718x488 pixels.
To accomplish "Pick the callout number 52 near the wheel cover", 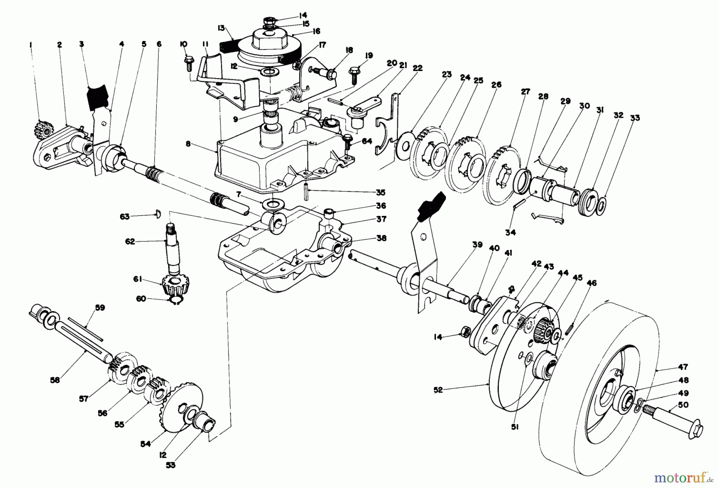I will click(438, 390).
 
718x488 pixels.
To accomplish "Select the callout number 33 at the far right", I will click(635, 118).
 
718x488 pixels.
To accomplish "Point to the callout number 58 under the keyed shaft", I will click(55, 380).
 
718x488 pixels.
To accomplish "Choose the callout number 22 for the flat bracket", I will click(417, 68).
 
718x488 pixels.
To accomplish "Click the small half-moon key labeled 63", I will click(157, 216).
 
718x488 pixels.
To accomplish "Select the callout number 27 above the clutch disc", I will click(525, 92).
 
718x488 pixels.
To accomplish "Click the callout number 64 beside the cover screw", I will click(367, 141).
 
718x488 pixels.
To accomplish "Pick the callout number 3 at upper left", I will click(81, 44).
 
